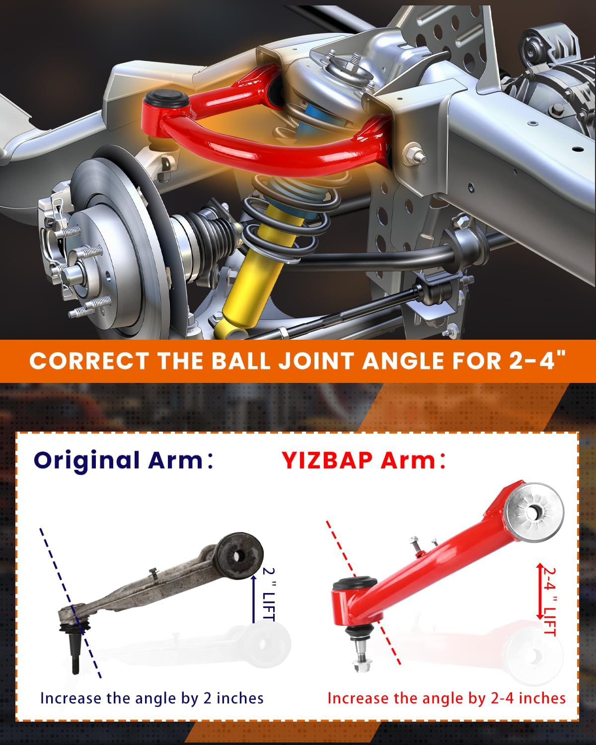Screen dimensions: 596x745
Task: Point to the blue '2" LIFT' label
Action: pos(268,593)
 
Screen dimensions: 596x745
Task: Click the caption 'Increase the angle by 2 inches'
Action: pos(151,698)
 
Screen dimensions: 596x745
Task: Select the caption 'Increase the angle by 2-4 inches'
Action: pos(446,698)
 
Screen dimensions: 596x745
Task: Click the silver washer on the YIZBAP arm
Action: pos(534,514)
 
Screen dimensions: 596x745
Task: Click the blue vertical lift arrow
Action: pos(253,596)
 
